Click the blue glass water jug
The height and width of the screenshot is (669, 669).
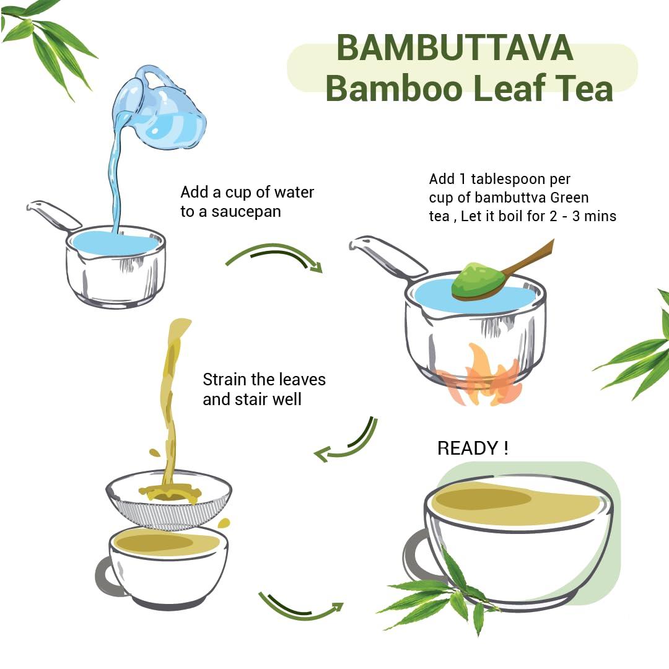(x=164, y=111)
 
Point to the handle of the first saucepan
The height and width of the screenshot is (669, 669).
(x=53, y=214)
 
